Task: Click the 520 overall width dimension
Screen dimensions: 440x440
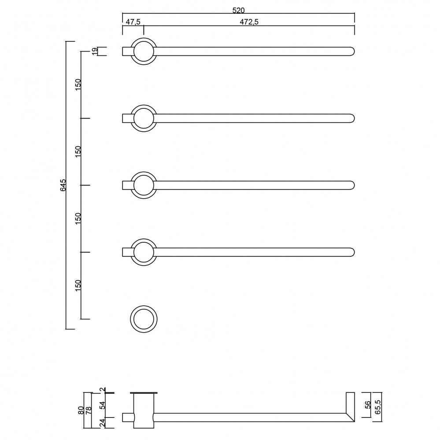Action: [x=239, y=11]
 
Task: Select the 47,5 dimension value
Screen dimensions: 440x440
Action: [x=133, y=22]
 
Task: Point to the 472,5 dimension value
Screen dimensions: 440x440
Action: [x=249, y=22]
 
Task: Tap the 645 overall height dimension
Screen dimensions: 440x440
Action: [x=63, y=185]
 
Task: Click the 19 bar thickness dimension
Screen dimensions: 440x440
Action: [x=95, y=51]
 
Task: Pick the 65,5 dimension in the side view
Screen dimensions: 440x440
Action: [x=378, y=407]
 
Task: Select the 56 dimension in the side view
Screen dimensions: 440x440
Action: [x=368, y=404]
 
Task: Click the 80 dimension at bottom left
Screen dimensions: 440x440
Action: [x=81, y=410]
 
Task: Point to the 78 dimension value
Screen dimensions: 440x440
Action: [x=89, y=410]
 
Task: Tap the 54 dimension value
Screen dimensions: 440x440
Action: [x=103, y=405]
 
